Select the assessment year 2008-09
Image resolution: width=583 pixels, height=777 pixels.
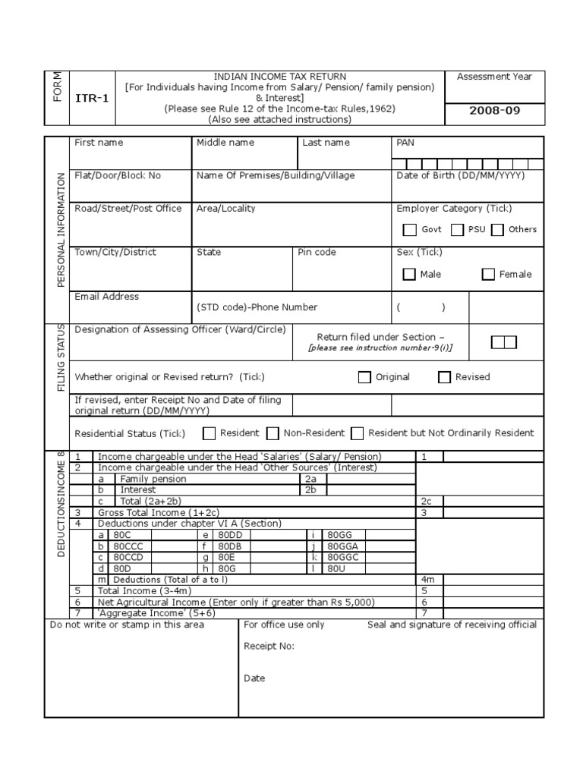pyautogui.click(x=495, y=110)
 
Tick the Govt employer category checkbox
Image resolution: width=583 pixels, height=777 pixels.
pyautogui.click(x=410, y=230)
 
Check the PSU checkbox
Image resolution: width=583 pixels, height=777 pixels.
pyautogui.click(x=457, y=230)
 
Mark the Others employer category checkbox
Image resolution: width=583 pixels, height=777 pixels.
pyautogui.click(x=497, y=230)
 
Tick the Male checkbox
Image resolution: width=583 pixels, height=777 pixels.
pyautogui.click(x=409, y=275)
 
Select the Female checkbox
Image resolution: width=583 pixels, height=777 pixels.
pyautogui.click(x=488, y=275)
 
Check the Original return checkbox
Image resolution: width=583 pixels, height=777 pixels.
pyautogui.click(x=364, y=378)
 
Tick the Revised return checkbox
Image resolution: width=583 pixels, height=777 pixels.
pyautogui.click(x=444, y=378)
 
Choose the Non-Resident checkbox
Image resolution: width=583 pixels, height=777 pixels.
pyautogui.click(x=273, y=433)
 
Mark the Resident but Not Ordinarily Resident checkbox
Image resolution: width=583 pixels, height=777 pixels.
pyautogui.click(x=358, y=433)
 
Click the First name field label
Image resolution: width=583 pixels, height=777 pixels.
pyautogui.click(x=99, y=143)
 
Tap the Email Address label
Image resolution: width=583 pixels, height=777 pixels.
pyautogui.click(x=106, y=297)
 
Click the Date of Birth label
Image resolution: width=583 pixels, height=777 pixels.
pyautogui.click(x=460, y=175)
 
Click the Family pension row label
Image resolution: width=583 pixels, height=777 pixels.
pyautogui.click(x=153, y=480)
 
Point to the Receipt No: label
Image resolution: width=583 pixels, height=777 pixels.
pyautogui.click(x=269, y=646)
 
